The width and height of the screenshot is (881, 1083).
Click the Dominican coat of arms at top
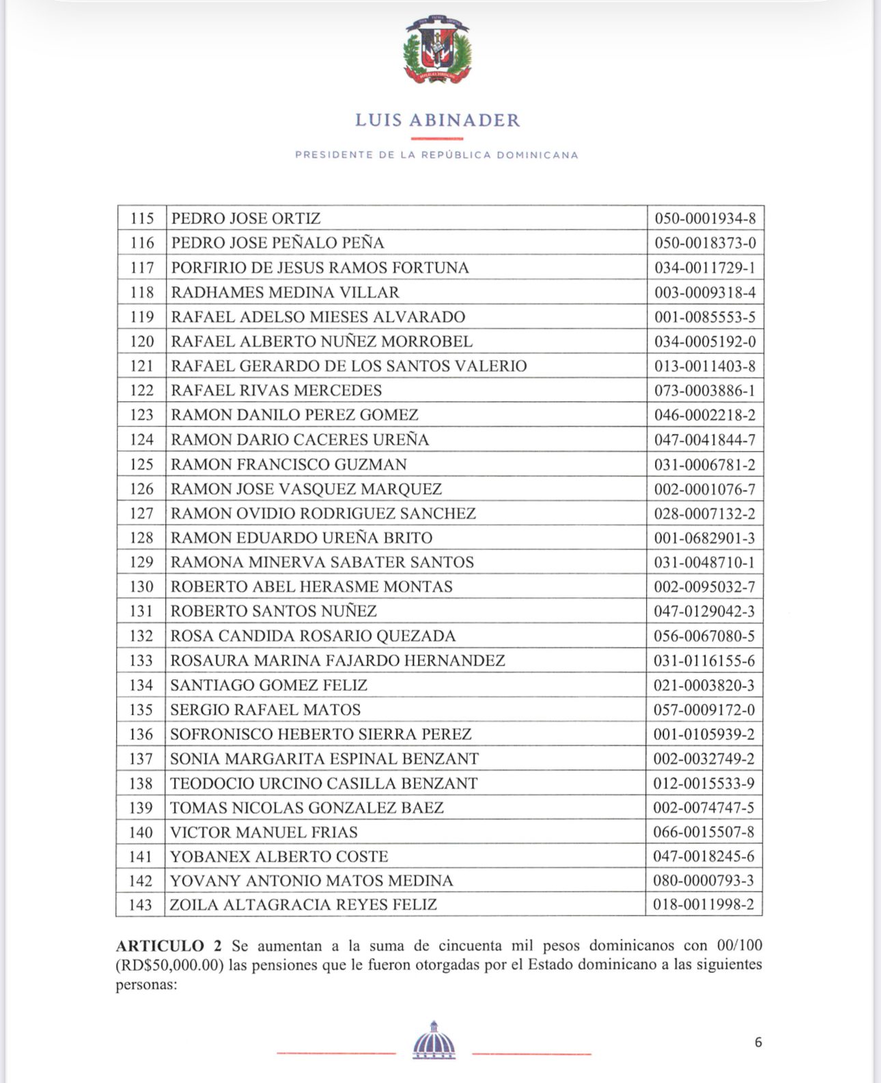(438, 50)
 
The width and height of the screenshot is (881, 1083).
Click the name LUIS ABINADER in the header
(438, 120)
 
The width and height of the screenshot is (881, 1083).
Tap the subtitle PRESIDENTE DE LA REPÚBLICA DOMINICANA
(437, 155)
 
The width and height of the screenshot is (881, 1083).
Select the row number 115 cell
(142, 219)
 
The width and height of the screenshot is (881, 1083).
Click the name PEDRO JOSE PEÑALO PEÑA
(277, 243)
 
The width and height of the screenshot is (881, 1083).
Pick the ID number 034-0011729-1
(705, 268)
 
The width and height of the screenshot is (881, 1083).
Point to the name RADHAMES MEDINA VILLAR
(285, 292)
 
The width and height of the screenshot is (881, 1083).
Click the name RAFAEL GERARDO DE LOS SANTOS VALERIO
(349, 366)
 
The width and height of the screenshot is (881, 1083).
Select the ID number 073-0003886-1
(705, 391)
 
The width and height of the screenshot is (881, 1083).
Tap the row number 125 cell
(141, 465)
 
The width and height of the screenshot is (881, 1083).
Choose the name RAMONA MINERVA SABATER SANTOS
(322, 562)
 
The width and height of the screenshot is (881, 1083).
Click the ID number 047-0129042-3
(704, 612)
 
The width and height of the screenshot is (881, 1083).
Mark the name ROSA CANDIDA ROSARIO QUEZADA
(313, 636)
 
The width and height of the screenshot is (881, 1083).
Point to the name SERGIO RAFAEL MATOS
(265, 710)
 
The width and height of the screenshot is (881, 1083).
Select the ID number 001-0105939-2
(704, 735)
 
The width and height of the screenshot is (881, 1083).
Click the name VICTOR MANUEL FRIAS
(264, 832)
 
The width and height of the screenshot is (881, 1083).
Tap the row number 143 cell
(140, 905)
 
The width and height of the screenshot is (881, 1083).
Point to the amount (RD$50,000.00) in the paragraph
(170, 965)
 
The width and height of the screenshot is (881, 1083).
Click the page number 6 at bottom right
(758, 1042)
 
